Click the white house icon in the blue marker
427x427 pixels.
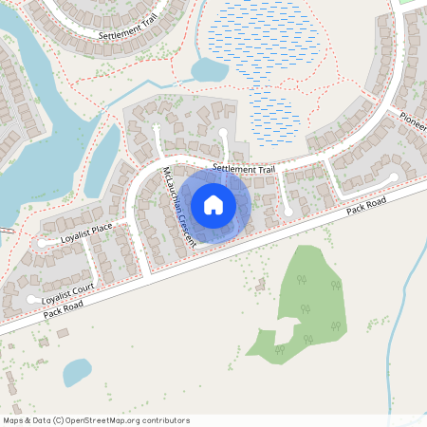pyautogui.click(x=213, y=204)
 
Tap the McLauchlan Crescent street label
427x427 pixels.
pyautogui.click(x=179, y=207)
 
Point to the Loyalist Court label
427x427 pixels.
pyautogui.click(x=69, y=292)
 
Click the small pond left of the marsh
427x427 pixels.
pyautogui.click(x=207, y=69)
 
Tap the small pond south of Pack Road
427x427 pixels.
pyautogui.click(x=76, y=369)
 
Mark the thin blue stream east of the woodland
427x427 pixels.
pyautogui.click(x=399, y=313)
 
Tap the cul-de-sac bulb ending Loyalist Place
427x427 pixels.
pyautogui.click(x=43, y=244)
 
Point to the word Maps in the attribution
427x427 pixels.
pyautogui.click(x=13, y=420)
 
